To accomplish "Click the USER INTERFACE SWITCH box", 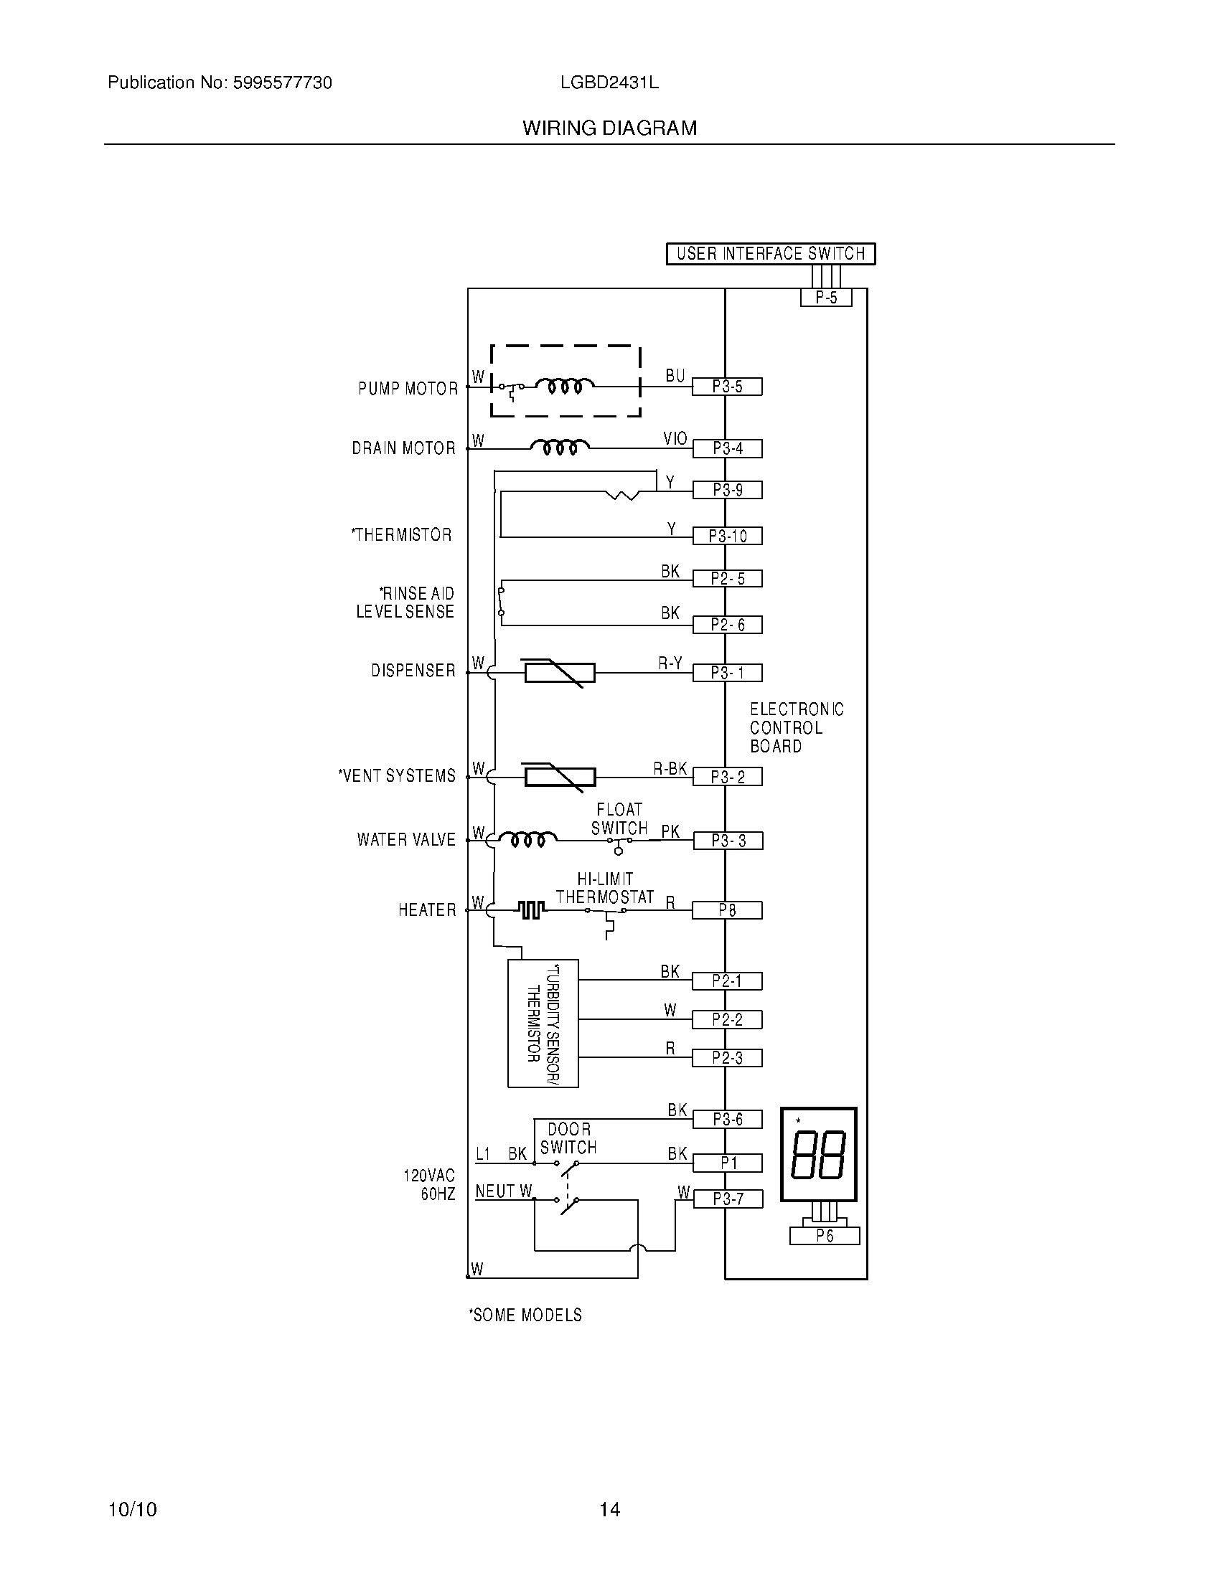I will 771,254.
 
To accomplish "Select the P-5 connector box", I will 825,298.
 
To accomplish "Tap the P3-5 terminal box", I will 727,387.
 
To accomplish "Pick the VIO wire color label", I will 675,438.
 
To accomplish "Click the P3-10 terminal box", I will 727,536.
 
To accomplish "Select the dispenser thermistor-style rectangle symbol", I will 560,673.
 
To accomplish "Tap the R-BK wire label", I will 670,769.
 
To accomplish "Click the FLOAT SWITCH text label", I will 619,818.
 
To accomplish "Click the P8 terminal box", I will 727,910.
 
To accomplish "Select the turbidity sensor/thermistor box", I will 543,1023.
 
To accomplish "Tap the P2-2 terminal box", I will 727,1019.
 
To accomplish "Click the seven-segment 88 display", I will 818,1155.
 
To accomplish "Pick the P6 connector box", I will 825,1237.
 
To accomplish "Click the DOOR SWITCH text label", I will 569,1138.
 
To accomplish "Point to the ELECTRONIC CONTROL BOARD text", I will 796,727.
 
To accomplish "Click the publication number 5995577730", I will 282,83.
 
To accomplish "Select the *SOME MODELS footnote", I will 525,1315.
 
